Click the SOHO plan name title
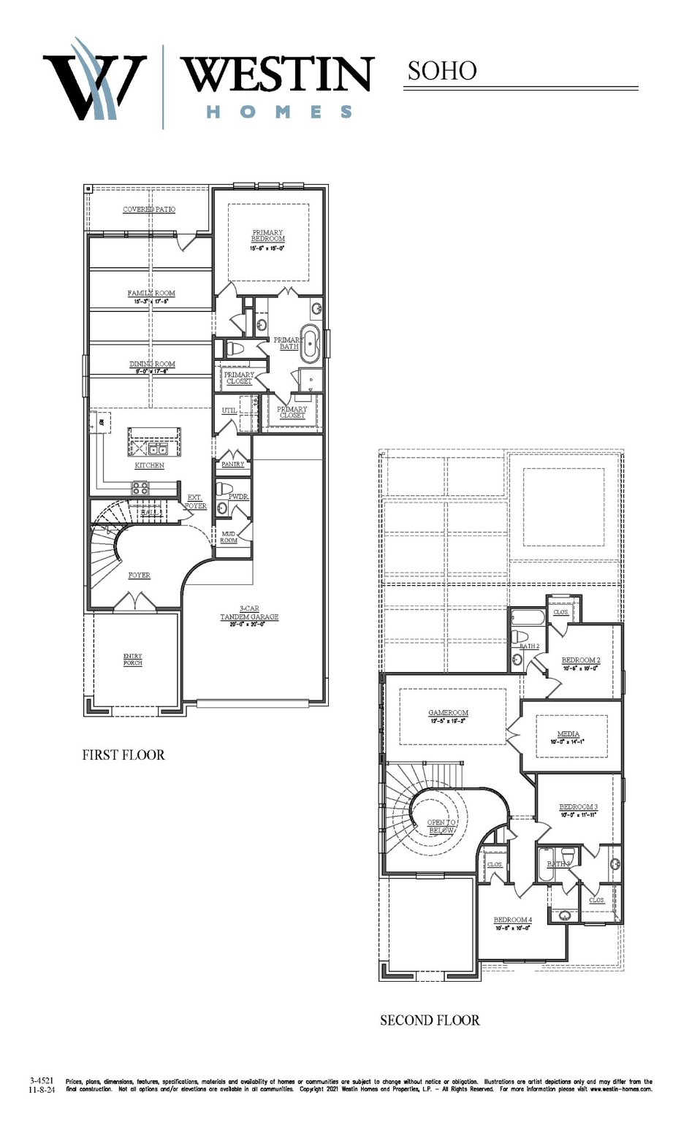(442, 71)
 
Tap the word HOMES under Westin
(279, 112)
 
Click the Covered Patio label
(149, 210)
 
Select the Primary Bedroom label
(267, 236)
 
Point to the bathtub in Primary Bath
(311, 343)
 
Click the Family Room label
(151, 294)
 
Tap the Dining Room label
(152, 365)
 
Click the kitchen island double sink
(158, 449)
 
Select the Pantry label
(232, 465)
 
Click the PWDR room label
(238, 497)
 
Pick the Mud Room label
(229, 537)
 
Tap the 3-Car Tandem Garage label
(249, 613)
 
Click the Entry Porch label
(133, 660)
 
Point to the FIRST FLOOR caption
(123, 755)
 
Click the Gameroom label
(448, 713)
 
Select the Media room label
(568, 734)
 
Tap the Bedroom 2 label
(581, 660)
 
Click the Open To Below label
(441, 826)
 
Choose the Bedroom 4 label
(512, 920)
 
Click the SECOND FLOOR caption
(430, 1020)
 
